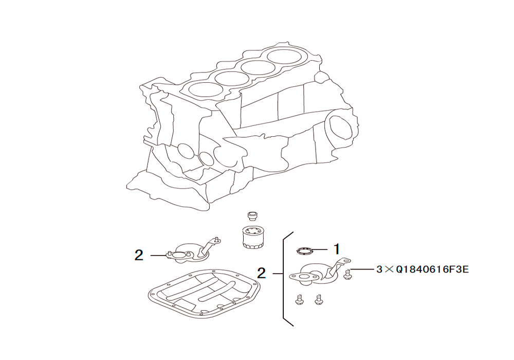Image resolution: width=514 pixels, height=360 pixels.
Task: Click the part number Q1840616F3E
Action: (432, 269)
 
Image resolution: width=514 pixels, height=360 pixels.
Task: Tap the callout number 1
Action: (336, 249)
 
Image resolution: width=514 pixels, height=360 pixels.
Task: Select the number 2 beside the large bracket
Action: (261, 273)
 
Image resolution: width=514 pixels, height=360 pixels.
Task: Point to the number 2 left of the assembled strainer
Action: (139, 255)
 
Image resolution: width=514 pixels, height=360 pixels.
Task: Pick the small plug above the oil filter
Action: (252, 217)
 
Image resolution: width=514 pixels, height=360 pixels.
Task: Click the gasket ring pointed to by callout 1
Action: (304, 251)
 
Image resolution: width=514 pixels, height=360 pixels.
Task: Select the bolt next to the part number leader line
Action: (348, 274)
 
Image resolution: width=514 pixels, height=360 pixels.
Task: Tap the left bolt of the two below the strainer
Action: (298, 299)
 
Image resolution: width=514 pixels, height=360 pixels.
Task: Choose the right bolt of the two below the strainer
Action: (318, 299)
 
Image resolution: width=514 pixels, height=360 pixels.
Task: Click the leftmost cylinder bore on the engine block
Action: (206, 89)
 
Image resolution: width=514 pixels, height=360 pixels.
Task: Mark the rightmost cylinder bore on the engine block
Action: (285, 56)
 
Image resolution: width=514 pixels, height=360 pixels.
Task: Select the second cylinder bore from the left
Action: (232, 79)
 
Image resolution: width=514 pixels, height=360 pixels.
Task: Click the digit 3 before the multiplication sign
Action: (379, 269)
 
